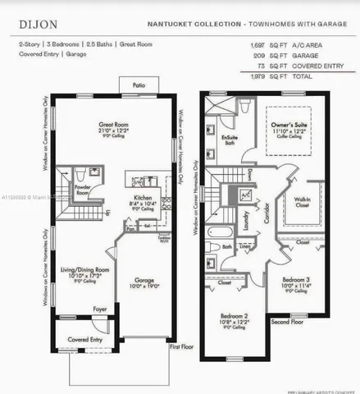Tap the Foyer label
point(99,309)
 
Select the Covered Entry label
point(85,338)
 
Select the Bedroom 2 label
point(235,316)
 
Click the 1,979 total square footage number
point(258,75)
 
